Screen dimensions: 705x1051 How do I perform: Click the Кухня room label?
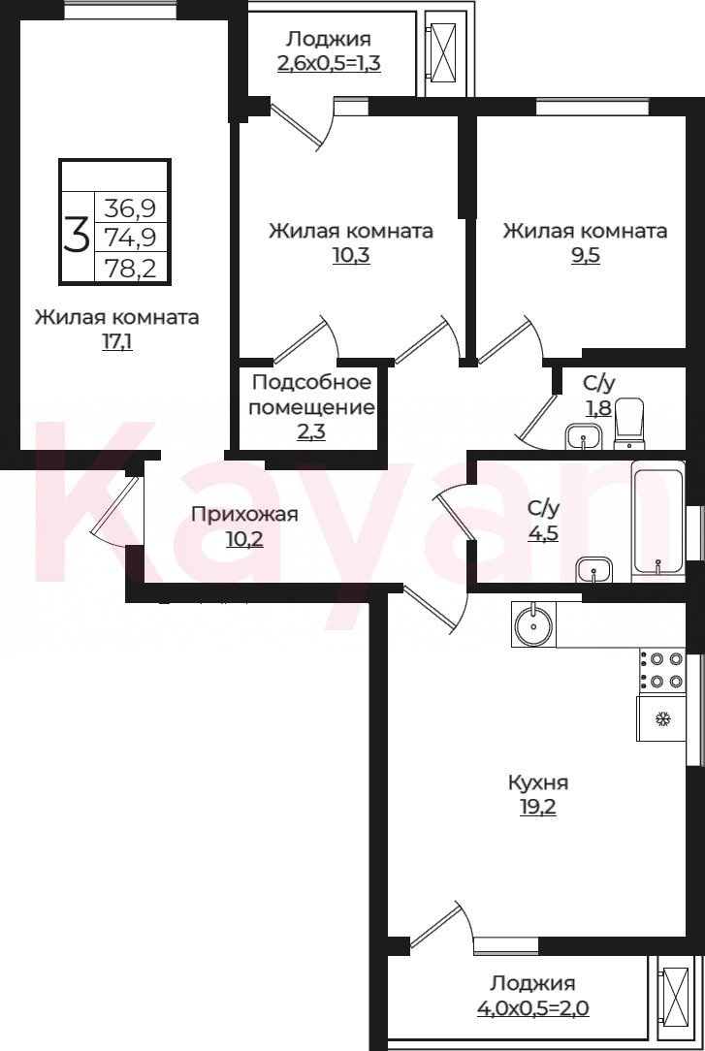538,782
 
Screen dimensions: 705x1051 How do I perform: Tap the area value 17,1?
116,342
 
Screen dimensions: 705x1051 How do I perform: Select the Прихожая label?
244,515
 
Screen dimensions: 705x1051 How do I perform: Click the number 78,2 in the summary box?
130,269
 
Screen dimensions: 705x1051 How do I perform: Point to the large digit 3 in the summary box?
77,236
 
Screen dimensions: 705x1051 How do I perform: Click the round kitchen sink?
533,624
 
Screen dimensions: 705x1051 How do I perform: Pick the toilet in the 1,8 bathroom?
629,424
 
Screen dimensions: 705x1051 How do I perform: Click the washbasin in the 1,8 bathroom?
585,437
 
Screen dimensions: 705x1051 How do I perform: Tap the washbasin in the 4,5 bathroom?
594,570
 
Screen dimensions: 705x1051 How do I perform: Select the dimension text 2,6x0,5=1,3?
329,64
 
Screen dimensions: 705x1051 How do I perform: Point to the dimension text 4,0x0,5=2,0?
533,1007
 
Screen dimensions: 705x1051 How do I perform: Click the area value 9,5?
585,256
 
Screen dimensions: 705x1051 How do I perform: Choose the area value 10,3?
351,256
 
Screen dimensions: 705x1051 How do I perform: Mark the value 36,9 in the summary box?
130,208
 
